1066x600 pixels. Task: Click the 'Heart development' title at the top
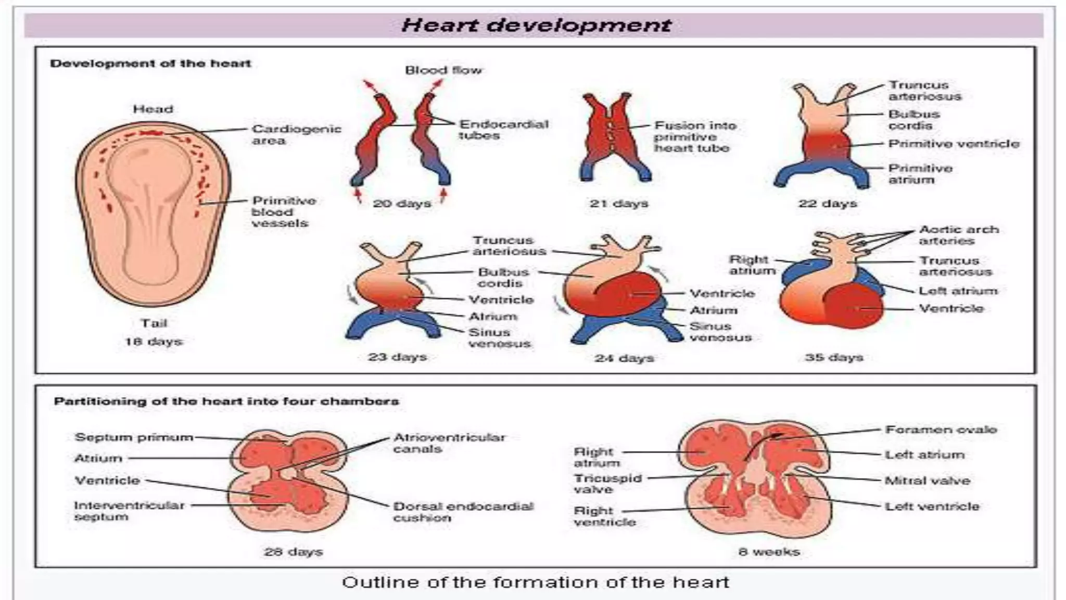(x=536, y=25)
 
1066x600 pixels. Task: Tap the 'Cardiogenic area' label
(x=296, y=134)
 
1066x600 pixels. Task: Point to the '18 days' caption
(x=154, y=342)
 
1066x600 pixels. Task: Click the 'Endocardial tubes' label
(x=503, y=130)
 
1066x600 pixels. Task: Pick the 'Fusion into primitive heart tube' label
(x=694, y=136)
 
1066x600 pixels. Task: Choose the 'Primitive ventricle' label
(x=954, y=144)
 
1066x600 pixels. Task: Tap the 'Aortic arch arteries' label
(x=959, y=235)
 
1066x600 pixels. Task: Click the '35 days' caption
(x=834, y=357)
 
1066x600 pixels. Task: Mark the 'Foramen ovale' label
(x=941, y=430)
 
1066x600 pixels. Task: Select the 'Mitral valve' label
(x=928, y=480)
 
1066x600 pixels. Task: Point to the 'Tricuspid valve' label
(x=607, y=483)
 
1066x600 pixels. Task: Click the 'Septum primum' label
(x=134, y=437)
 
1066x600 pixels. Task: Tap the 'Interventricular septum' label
(x=129, y=511)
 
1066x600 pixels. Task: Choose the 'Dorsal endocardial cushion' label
(x=463, y=511)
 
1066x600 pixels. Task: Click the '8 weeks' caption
(x=769, y=552)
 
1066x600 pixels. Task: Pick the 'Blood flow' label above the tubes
(x=443, y=70)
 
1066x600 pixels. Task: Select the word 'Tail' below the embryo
(x=154, y=323)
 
